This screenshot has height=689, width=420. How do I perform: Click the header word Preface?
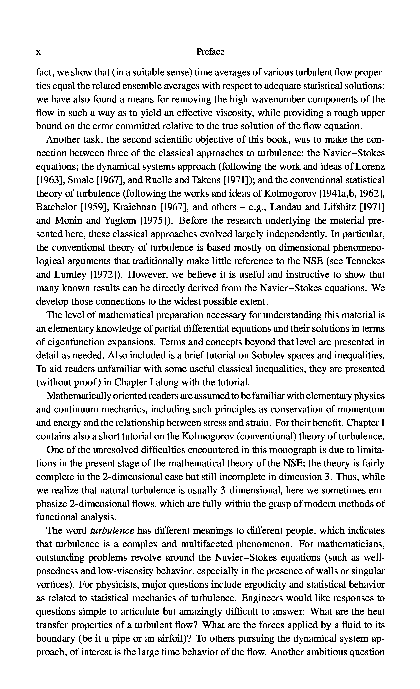point(210,52)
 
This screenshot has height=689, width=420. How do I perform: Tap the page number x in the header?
point(39,52)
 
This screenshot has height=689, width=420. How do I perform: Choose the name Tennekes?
point(365,261)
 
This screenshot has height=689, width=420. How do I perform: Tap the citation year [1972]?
point(106,275)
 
